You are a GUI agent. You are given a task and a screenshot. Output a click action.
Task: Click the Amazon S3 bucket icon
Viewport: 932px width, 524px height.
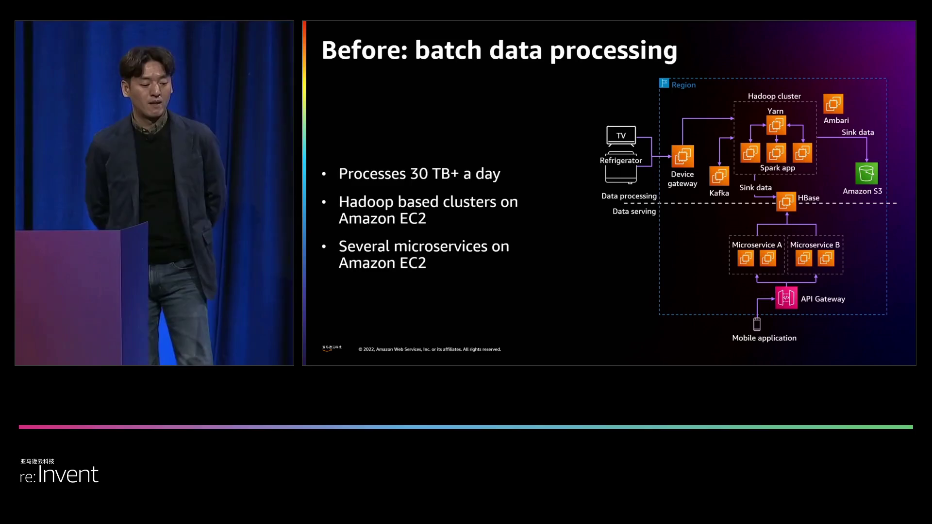(866, 173)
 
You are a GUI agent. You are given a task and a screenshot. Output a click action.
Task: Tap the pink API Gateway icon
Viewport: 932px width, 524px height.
(786, 298)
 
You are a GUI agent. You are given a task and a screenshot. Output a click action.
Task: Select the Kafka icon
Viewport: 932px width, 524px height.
(719, 176)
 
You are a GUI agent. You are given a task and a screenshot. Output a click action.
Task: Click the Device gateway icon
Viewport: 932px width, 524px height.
(682, 156)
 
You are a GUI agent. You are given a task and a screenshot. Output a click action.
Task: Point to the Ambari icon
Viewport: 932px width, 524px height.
(833, 104)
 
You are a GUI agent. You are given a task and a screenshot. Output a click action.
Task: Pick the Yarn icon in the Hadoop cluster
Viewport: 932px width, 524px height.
(776, 125)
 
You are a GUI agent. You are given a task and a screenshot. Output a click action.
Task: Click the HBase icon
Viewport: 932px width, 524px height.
(786, 201)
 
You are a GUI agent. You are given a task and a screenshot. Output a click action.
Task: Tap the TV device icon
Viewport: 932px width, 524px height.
(621, 136)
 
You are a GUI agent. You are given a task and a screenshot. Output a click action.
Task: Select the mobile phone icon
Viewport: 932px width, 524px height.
(757, 324)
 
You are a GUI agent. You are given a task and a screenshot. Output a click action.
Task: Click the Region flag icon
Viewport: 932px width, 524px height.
(664, 83)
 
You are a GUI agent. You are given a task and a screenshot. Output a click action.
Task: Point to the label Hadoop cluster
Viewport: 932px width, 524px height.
(774, 96)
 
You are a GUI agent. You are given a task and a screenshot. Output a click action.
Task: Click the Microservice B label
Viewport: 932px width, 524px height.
(815, 245)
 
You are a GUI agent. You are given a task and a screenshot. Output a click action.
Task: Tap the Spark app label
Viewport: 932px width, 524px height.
(777, 168)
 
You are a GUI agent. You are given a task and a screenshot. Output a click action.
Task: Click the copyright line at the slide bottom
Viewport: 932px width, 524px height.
(430, 349)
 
